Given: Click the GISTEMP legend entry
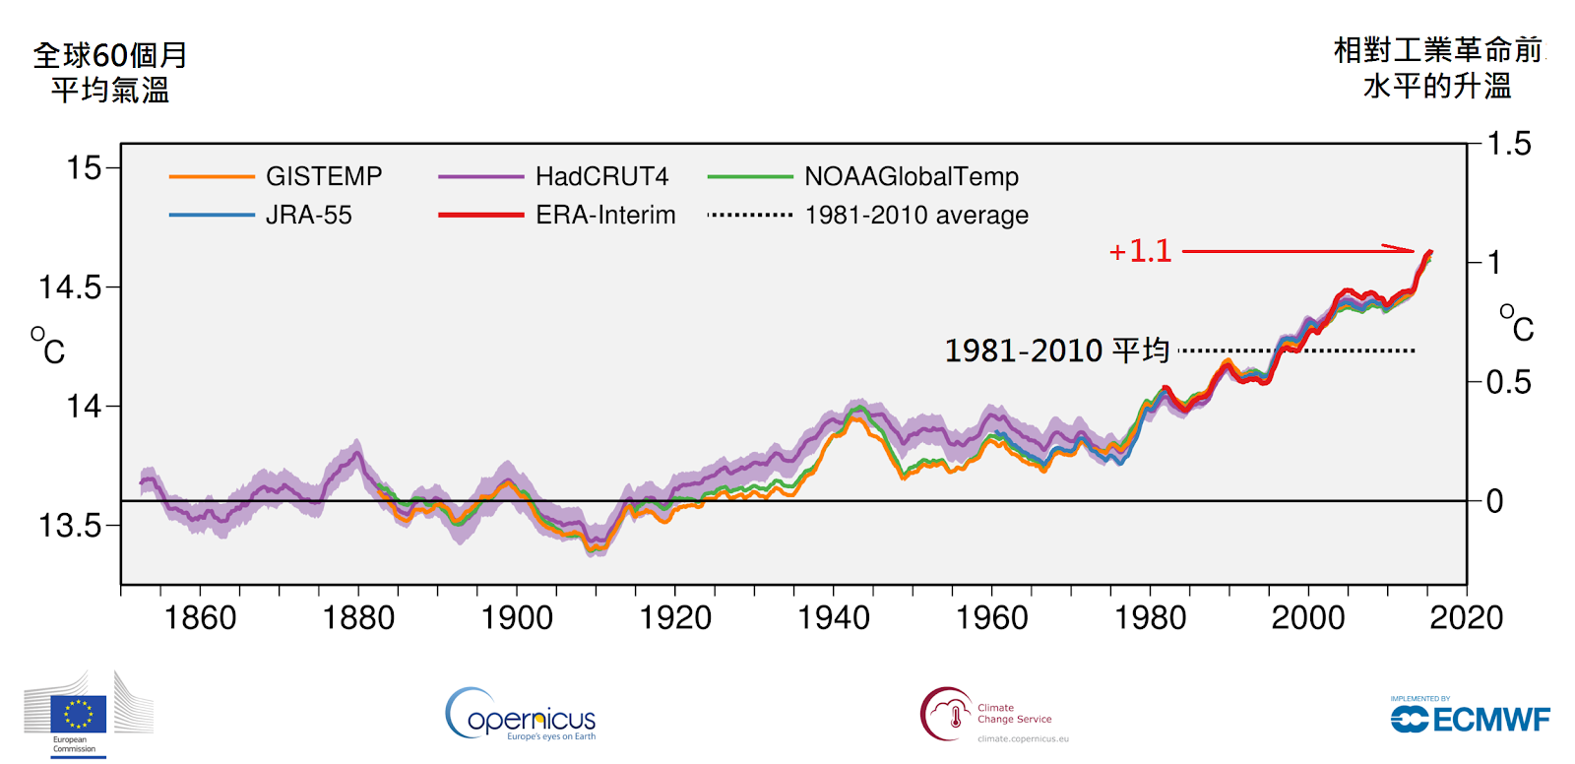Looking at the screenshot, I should [x=323, y=176].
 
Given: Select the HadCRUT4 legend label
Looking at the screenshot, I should [x=601, y=176].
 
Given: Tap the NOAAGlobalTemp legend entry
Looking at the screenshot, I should [x=911, y=176].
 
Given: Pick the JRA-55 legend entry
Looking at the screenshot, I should [x=308, y=215].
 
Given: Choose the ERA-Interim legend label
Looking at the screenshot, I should [x=605, y=215].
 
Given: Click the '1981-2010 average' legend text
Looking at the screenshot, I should [x=915, y=215].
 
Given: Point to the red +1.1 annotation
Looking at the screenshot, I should [x=1140, y=251].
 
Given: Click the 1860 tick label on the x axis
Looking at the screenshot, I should [x=200, y=618].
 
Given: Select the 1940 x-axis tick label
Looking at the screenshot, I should [x=833, y=618].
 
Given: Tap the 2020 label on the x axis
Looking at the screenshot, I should [x=1466, y=618].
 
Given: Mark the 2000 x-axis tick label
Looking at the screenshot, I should [x=1307, y=618].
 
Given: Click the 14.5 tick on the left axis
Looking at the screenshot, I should [x=69, y=287].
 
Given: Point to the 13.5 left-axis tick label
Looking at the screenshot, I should [x=69, y=526].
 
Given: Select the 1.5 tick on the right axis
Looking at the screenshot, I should [x=1508, y=144].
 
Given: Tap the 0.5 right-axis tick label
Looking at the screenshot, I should [x=1508, y=382].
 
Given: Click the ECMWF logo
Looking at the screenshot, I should [x=1470, y=718].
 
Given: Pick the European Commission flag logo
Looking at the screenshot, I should [x=79, y=714].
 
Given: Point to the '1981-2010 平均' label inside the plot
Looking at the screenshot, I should [x=1056, y=350].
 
